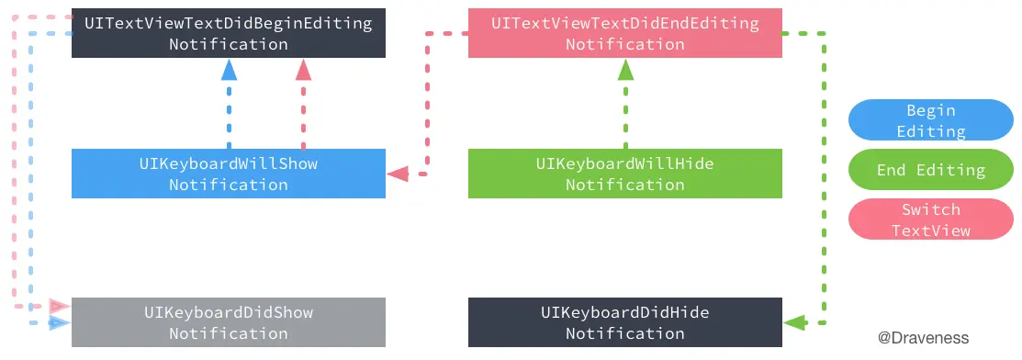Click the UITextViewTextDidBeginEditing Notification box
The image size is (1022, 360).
pos(229,33)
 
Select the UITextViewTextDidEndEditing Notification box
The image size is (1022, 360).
pos(624,33)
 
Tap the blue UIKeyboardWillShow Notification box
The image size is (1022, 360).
pos(229,174)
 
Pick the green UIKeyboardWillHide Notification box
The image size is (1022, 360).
pos(624,174)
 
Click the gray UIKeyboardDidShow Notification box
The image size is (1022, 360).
pos(229,322)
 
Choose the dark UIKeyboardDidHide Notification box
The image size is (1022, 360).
pos(624,322)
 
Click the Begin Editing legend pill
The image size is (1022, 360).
pos(930,120)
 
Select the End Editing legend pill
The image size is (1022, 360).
pos(930,170)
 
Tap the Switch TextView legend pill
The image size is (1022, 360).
pos(930,219)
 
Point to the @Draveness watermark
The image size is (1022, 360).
pos(923,338)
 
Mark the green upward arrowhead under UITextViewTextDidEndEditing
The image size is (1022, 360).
pos(625,70)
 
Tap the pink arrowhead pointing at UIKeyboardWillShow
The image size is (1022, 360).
pos(398,173)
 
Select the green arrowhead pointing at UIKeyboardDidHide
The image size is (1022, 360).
pos(795,322)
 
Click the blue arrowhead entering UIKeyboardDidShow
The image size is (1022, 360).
pos(60,323)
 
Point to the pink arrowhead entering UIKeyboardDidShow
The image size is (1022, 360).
pos(60,306)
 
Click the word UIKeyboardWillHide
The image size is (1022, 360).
pos(624,163)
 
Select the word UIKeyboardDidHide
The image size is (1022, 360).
pos(624,312)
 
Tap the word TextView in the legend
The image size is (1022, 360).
pos(930,230)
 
